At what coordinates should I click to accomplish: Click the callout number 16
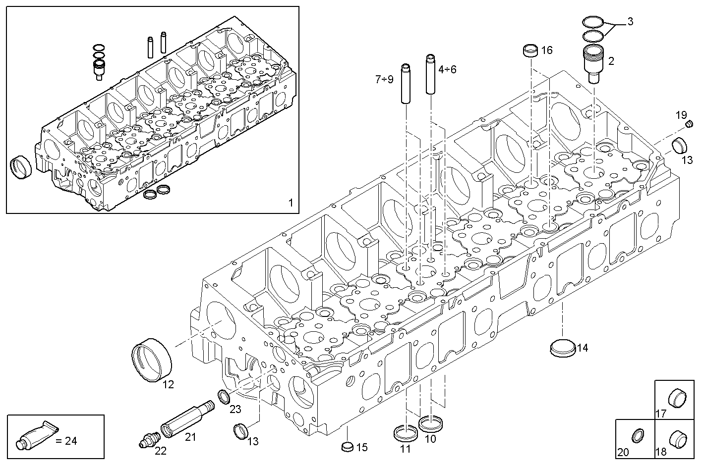[546, 50]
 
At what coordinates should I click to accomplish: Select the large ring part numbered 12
[152, 359]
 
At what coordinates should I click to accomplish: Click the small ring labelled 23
[224, 396]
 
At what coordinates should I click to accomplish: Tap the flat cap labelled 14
[563, 347]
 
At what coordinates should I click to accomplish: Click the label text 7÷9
[384, 79]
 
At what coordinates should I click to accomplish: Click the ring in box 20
[638, 436]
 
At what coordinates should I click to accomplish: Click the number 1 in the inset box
[291, 203]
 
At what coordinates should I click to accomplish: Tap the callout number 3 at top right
[630, 21]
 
